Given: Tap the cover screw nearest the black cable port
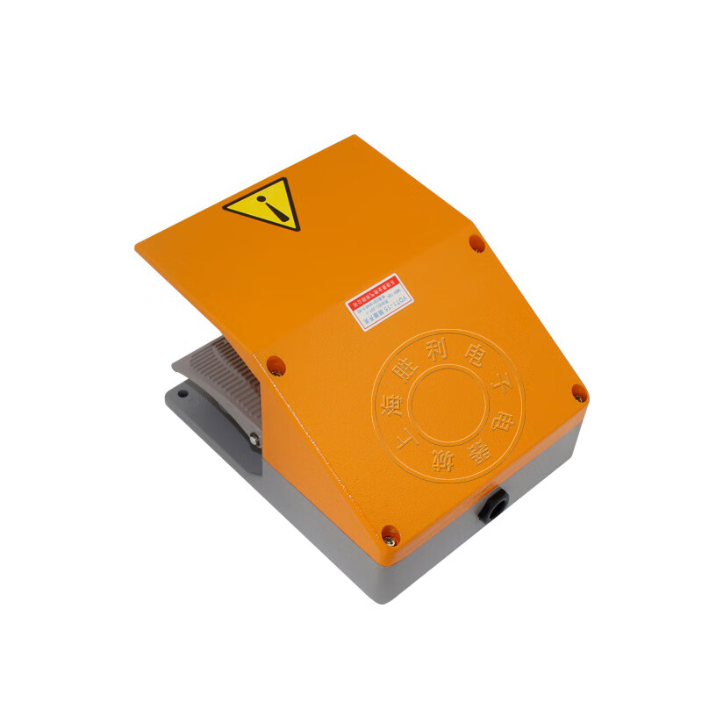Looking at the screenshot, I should [x=389, y=532].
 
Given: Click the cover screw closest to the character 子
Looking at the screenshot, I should [x=578, y=394].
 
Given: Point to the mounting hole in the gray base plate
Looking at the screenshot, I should [x=182, y=418].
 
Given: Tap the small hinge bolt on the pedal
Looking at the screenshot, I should [x=253, y=439].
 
